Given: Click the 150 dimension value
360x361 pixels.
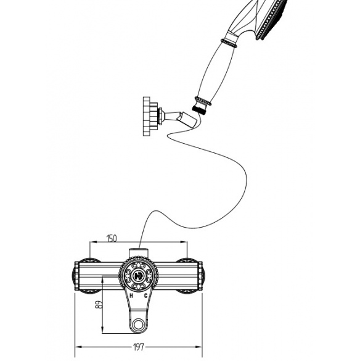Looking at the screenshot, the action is point(112,239).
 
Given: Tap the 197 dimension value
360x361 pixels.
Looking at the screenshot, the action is point(139,347).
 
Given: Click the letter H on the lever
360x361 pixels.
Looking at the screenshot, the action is point(131,296).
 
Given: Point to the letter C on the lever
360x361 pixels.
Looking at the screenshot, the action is point(145,296).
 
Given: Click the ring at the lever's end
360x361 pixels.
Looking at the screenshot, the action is point(139,325).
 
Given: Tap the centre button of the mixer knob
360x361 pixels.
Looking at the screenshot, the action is point(139,275).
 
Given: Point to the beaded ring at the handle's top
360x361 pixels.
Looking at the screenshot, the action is point(229,43).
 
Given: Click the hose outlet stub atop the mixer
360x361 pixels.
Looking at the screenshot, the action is point(139,252).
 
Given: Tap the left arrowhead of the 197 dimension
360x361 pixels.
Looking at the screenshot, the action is point(79,347).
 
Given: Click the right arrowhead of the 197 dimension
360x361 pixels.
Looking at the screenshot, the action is point(198,347).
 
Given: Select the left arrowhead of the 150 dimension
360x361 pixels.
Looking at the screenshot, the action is point(93,242).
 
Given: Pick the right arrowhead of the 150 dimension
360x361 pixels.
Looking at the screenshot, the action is point(184,242).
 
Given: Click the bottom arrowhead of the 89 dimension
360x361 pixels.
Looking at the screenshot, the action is point(102,330).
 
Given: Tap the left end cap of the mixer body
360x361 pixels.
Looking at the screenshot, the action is point(76,276).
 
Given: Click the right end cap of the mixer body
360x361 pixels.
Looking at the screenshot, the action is point(200,276).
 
